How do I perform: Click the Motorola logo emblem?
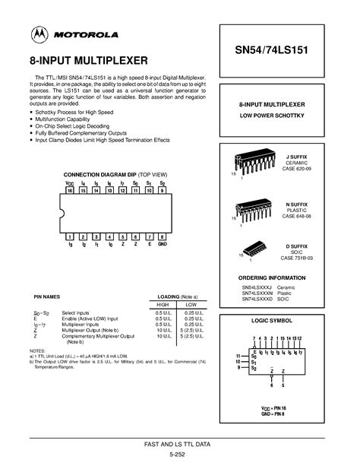37,35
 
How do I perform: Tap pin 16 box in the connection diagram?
70,191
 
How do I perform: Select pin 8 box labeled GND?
162,237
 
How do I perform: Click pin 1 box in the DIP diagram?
70,237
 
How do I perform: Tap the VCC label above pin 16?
70,183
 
